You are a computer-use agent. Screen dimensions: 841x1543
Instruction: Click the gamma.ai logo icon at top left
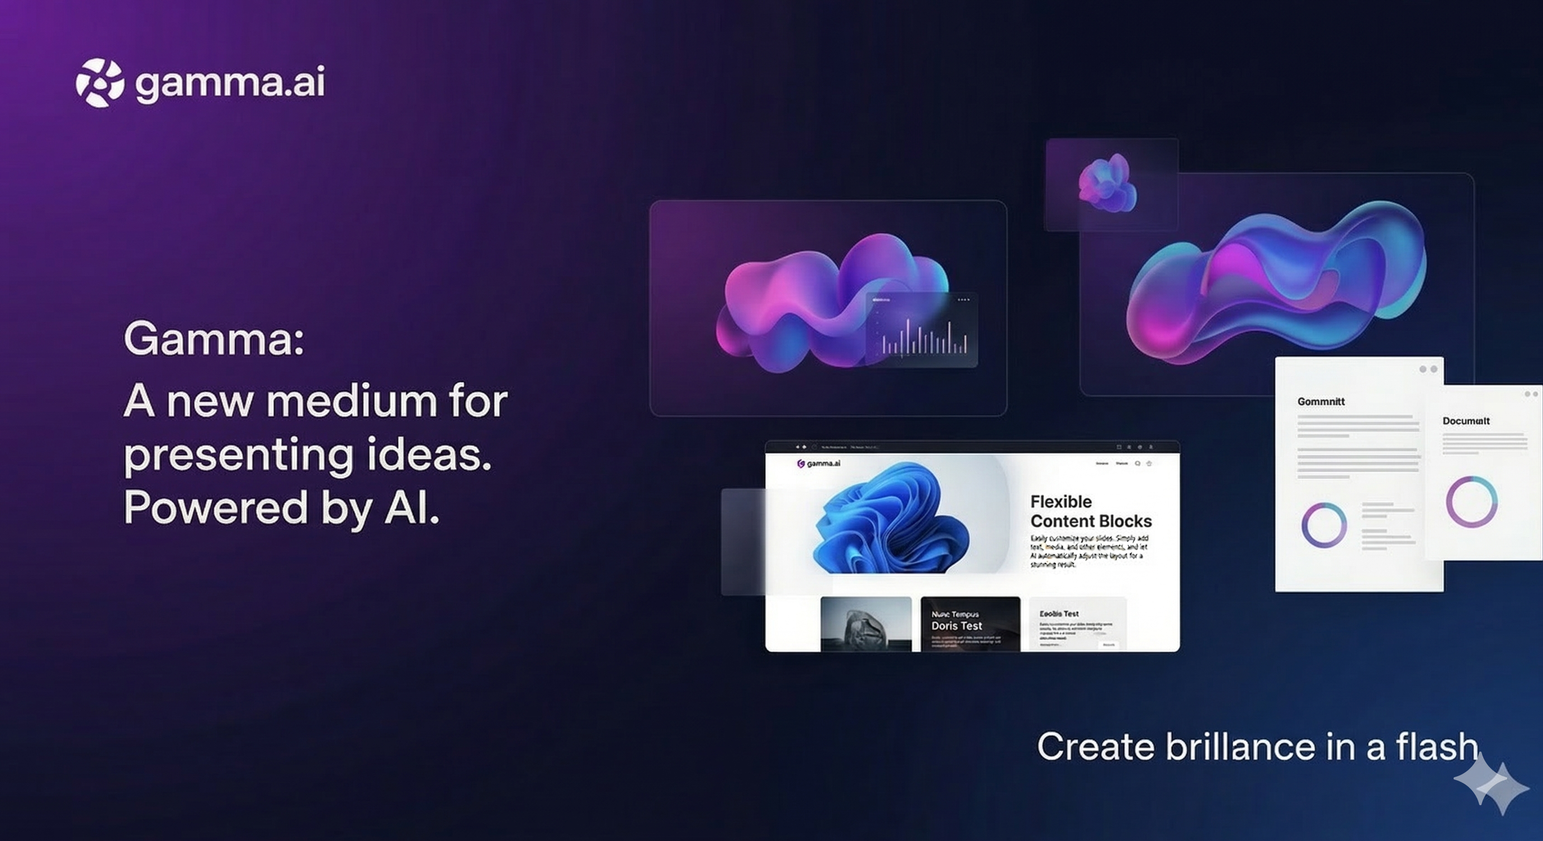coord(100,83)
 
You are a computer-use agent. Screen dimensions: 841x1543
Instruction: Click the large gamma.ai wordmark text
coord(230,83)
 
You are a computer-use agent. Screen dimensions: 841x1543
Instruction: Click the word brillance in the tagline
coord(1240,747)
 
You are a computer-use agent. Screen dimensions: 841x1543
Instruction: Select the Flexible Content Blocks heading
coord(1090,511)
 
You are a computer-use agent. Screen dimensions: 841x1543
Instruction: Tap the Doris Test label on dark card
coord(957,625)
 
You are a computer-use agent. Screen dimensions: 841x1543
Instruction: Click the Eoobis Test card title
coord(1058,613)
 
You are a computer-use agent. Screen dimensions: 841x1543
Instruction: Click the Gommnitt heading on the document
coord(1320,401)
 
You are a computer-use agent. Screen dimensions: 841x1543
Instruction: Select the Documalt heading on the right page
coord(1465,421)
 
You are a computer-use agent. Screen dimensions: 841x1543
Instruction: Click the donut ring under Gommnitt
coord(1324,525)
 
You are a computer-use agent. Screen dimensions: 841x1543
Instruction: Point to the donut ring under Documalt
coord(1471,502)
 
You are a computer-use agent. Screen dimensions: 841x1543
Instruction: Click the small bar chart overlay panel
coord(921,330)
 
